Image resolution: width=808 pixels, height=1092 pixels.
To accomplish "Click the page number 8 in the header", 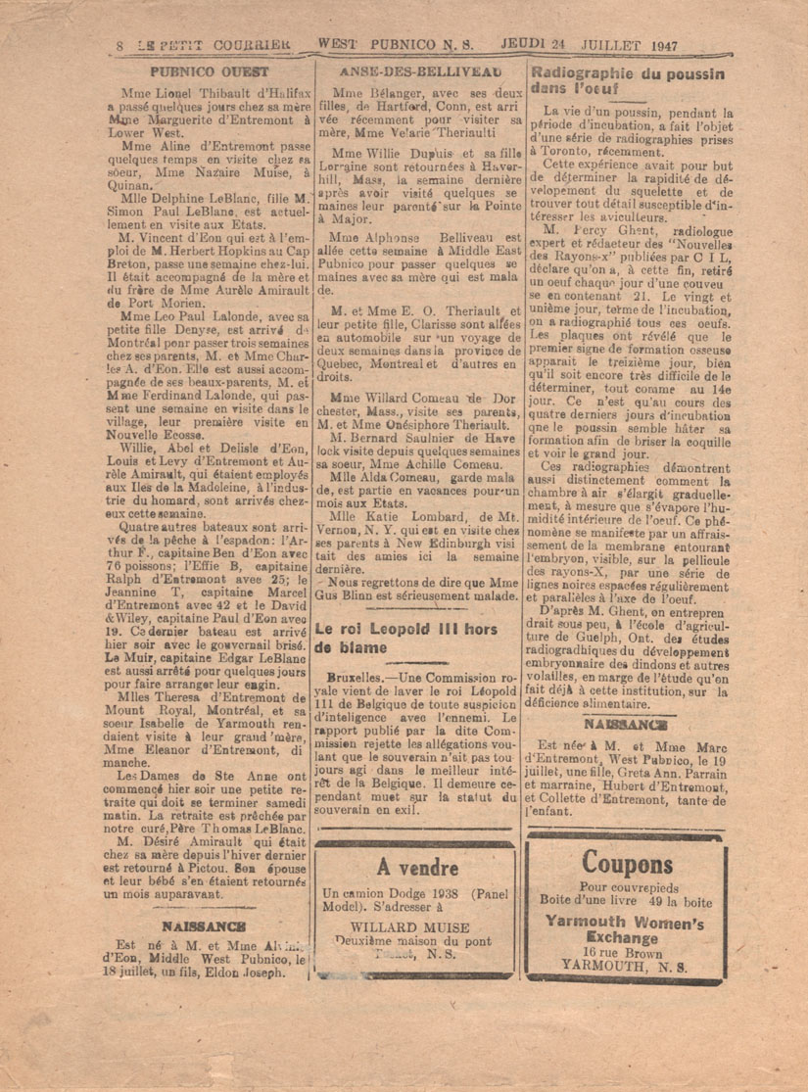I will point(119,45).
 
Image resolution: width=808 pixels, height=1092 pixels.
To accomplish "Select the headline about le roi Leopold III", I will point(406,638).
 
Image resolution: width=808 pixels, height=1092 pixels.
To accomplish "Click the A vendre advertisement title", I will point(417,868).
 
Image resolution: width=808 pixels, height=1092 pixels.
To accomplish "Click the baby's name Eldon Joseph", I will point(242,973).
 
